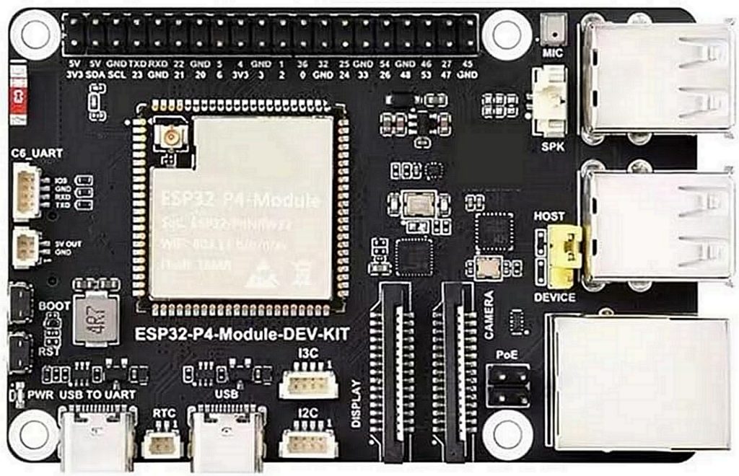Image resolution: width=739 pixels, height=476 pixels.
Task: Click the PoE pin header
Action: pyautogui.click(x=508, y=385)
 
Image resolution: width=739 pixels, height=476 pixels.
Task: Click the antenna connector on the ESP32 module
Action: pyautogui.click(x=172, y=136)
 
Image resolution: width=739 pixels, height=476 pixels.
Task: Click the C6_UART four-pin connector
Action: pyautogui.click(x=27, y=190)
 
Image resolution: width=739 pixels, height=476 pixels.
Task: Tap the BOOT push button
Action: pyautogui.click(x=20, y=303)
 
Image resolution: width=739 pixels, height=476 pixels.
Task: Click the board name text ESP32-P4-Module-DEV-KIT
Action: pyautogui.click(x=242, y=335)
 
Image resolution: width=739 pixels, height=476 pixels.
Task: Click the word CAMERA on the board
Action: pyautogui.click(x=489, y=315)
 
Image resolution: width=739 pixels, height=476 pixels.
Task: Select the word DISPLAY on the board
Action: pyautogui.click(x=357, y=404)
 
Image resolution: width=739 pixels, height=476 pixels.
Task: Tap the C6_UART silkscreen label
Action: pyautogui.click(x=37, y=153)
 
